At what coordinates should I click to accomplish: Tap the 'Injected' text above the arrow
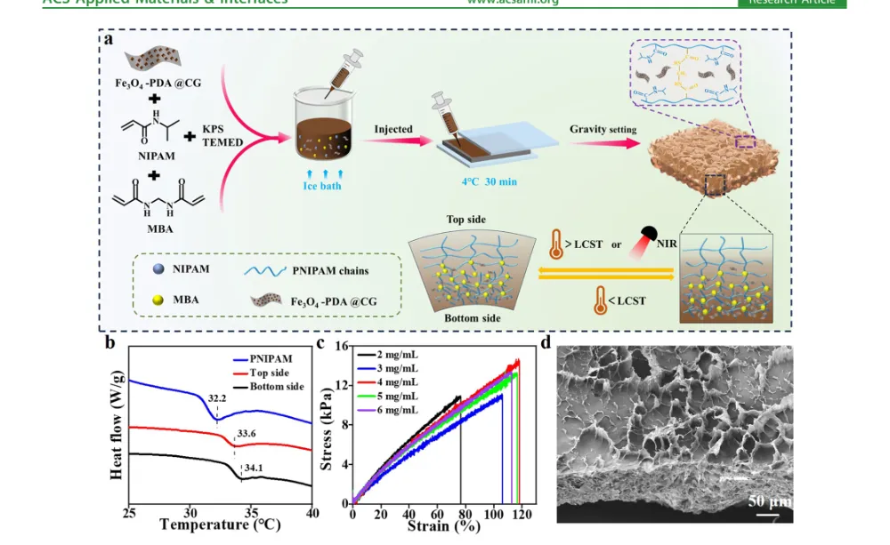point(392,129)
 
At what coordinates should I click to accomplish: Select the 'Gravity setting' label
point(603,130)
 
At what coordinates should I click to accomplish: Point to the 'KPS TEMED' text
point(222,135)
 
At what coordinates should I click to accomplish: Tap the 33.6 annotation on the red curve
point(246,435)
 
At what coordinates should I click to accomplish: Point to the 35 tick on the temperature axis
point(252,514)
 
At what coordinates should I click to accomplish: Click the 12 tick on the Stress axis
point(341,384)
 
